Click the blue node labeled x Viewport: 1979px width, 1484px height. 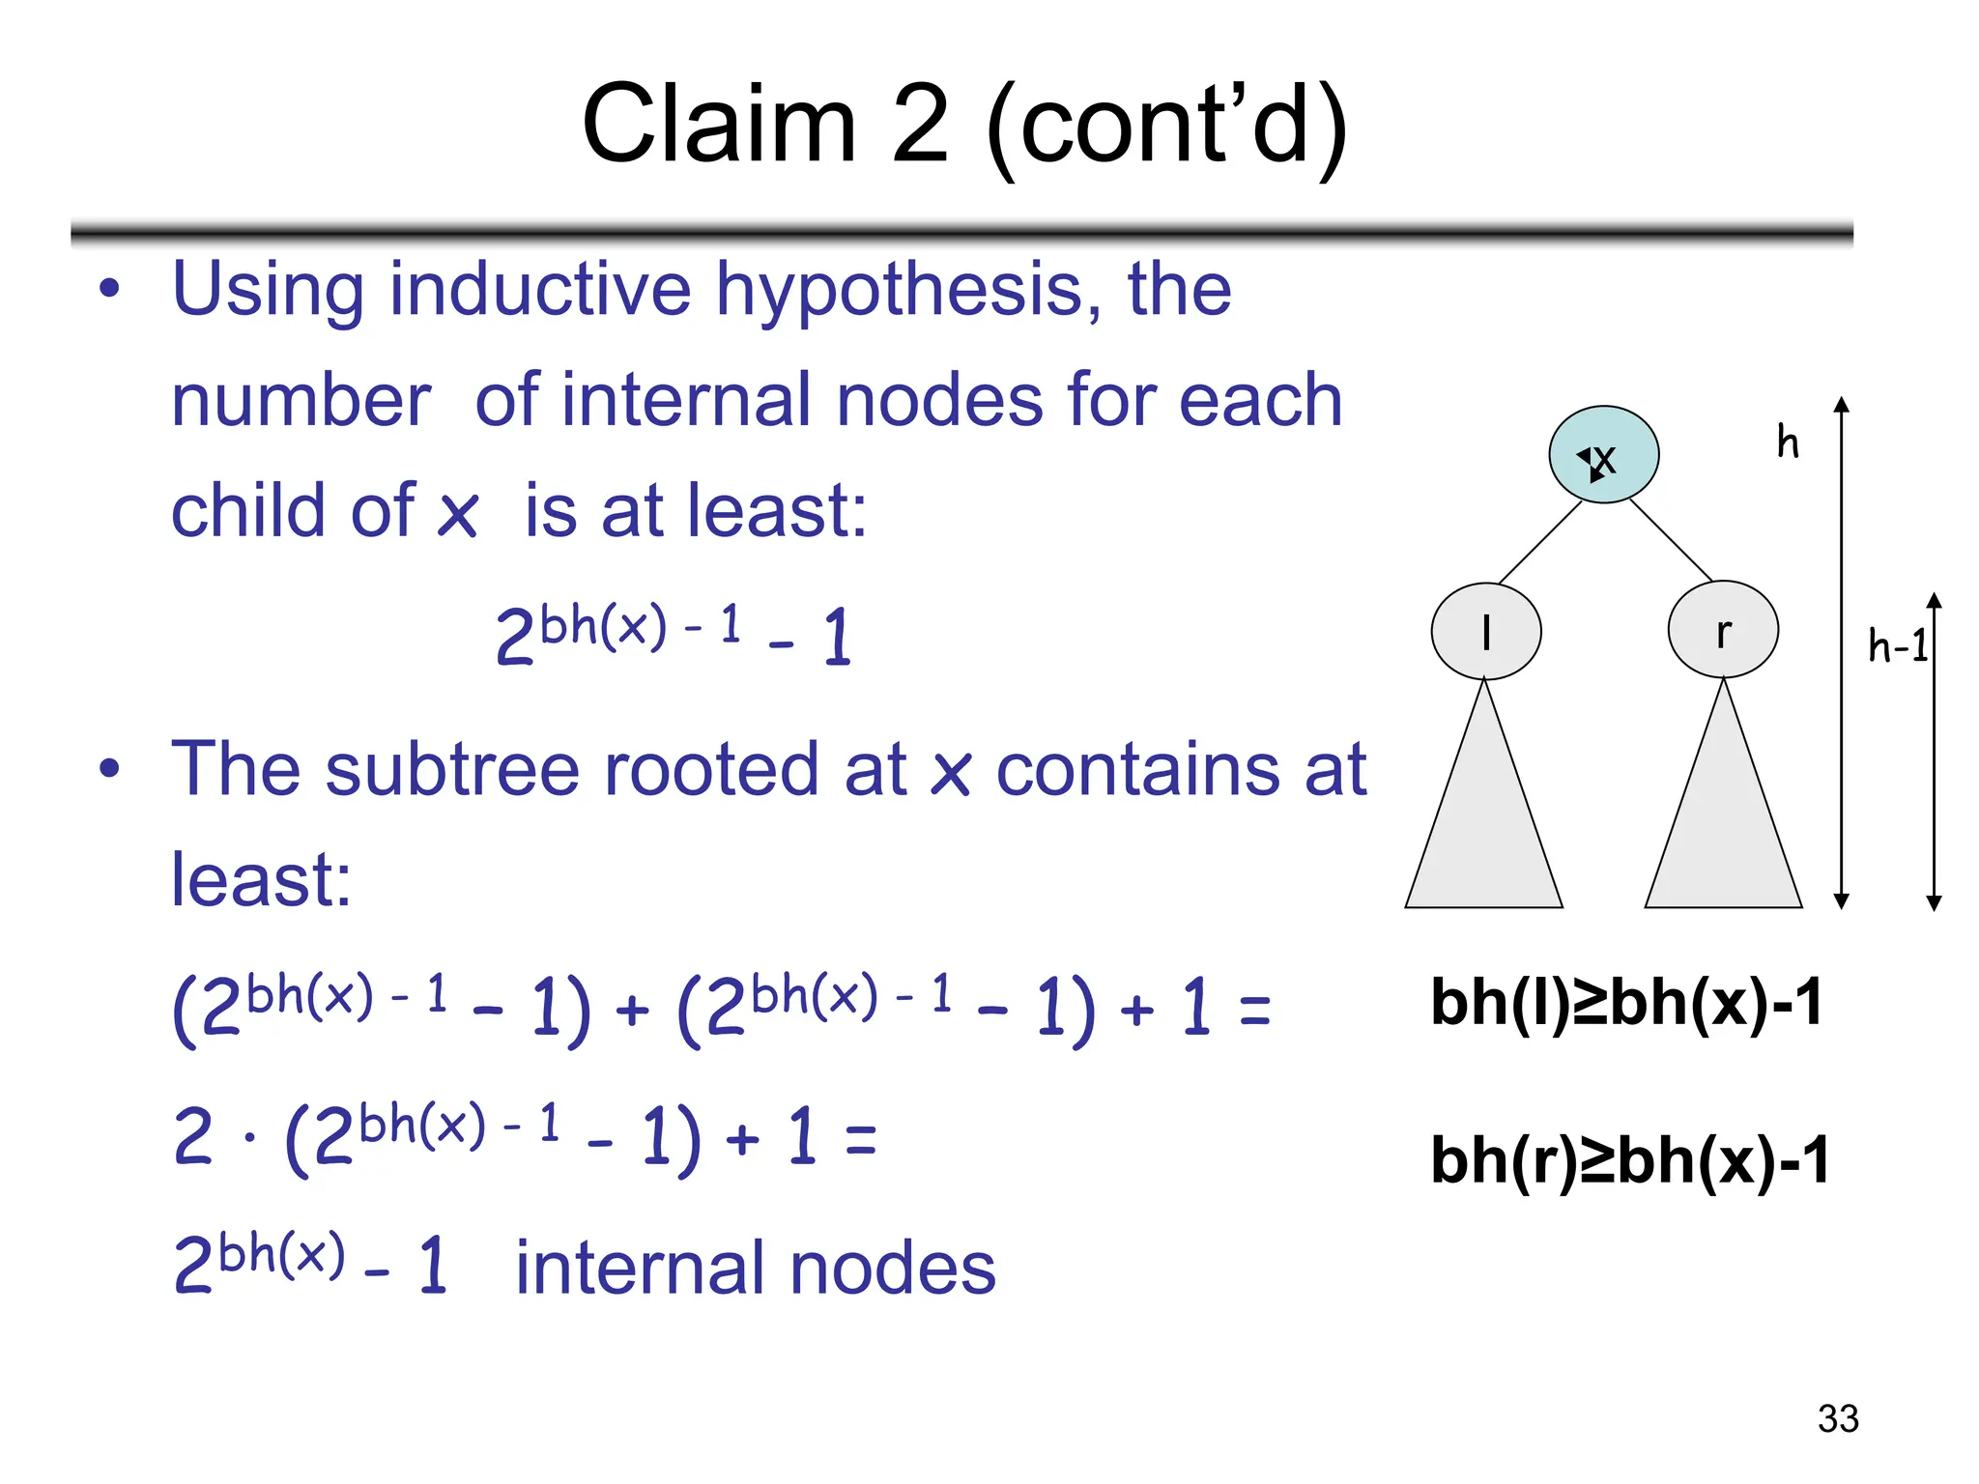tap(1603, 454)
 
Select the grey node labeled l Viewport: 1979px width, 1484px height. tap(1485, 632)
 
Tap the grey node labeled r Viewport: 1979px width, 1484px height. tap(1723, 630)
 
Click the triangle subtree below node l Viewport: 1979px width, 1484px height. tap(1484, 831)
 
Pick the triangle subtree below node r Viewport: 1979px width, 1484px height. tap(1723, 831)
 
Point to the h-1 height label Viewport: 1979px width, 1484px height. tap(1898, 645)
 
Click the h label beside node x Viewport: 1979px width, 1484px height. tap(1788, 442)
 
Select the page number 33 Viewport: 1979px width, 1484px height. tap(1838, 1418)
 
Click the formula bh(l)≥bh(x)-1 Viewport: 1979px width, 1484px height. tap(1626, 1002)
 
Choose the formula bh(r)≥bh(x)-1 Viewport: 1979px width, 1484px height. tap(1630, 1159)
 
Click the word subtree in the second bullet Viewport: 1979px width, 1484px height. tap(452, 769)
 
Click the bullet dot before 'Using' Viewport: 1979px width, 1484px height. tap(110, 288)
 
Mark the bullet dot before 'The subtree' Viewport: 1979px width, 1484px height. tap(110, 769)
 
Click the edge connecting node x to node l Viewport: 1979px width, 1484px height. tap(1539, 542)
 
